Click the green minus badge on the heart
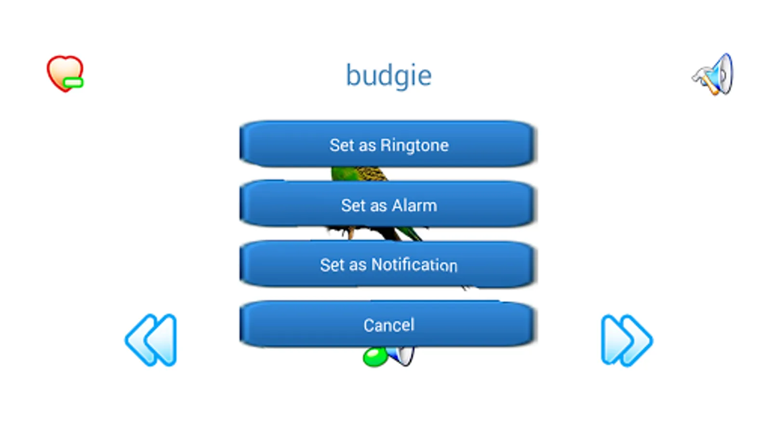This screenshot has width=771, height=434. point(73,82)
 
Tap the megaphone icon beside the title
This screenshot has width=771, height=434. point(713,74)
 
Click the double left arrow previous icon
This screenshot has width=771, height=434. point(151,340)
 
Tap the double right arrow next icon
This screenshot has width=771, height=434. point(626,340)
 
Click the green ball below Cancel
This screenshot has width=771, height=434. point(375,357)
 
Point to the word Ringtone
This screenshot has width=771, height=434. point(414,145)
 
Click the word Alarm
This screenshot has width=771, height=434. point(414,205)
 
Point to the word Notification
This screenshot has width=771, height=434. point(414,265)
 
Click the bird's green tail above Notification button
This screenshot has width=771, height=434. point(410,234)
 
